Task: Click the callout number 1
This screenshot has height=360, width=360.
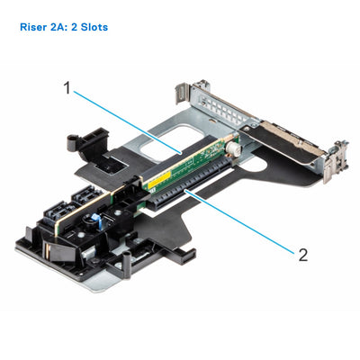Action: pos(67,88)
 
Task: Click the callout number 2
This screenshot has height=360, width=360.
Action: pos(302,255)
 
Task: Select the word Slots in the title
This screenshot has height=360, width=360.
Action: pos(93,27)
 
